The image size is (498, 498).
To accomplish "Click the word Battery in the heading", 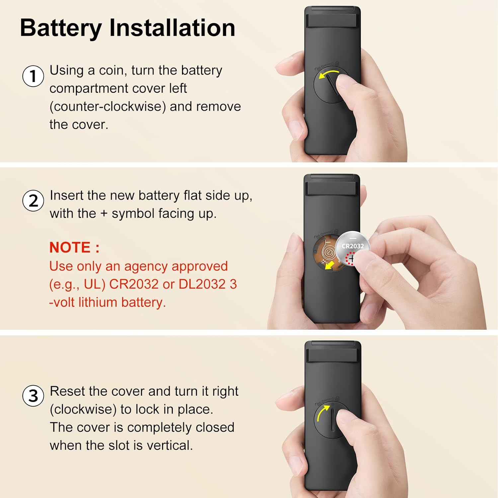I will tap(61, 28).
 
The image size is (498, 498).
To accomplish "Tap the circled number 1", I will tap(33, 76).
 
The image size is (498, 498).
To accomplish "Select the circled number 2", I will tap(33, 201).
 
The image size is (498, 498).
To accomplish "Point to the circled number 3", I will tap(33, 396).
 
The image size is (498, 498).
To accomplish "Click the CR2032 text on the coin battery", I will tap(353, 246).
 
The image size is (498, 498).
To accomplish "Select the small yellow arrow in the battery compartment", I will tap(329, 265).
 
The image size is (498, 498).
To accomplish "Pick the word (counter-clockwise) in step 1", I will tap(108, 107).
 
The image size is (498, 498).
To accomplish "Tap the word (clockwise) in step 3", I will tap(83, 409).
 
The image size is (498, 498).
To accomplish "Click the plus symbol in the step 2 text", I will tap(104, 214).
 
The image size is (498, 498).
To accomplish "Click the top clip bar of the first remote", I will tap(332, 21).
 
